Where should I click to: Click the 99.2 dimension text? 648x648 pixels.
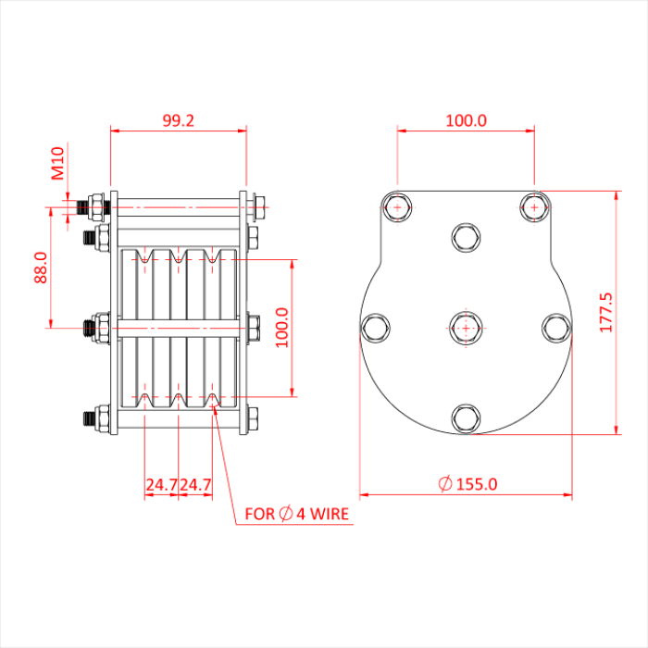click(x=178, y=120)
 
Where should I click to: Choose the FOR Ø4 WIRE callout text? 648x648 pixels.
click(x=297, y=513)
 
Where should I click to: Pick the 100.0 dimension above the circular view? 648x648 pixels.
click(x=466, y=120)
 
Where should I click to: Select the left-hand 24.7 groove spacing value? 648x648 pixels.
click(x=161, y=484)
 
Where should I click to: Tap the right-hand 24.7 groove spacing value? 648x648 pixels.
click(x=195, y=484)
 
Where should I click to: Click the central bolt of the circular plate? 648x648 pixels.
click(x=466, y=327)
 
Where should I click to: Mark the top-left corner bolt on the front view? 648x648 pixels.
click(x=397, y=207)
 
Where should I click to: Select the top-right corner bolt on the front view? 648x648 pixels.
click(x=533, y=207)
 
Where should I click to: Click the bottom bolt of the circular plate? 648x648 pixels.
click(x=466, y=419)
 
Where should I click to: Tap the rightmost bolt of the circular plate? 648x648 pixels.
click(x=556, y=328)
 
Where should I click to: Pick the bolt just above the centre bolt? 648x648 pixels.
click(x=466, y=237)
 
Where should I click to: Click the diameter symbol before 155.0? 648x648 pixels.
click(x=444, y=483)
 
